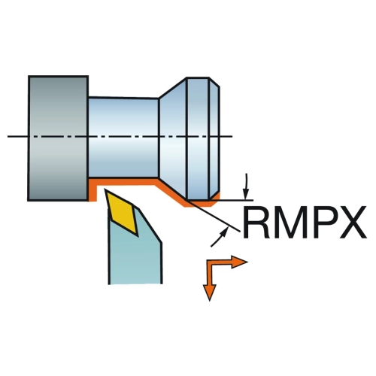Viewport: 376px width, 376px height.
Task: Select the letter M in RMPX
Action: [291, 223]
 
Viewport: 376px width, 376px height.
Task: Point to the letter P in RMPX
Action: [325, 223]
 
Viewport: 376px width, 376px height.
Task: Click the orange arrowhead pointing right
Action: [239, 262]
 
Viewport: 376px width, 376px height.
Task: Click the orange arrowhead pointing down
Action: [209, 293]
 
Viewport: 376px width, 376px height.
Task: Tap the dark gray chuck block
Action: [58, 138]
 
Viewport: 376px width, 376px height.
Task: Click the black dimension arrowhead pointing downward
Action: [246, 194]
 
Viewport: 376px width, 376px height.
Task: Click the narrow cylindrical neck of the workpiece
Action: [123, 138]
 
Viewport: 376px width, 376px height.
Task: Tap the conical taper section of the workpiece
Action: [173, 138]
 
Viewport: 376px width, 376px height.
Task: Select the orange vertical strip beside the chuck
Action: [92, 190]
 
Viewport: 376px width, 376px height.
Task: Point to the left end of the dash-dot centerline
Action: [8, 136]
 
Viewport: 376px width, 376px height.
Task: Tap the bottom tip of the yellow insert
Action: [138, 235]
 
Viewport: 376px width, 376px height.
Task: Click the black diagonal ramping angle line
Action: [214, 215]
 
